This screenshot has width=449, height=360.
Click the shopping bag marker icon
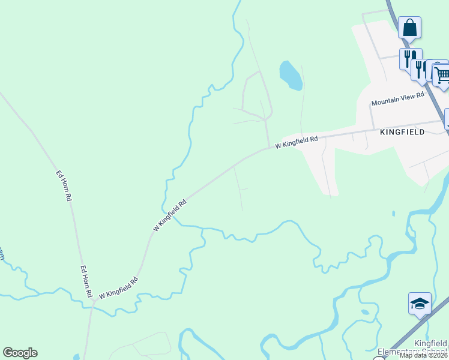click(409, 28)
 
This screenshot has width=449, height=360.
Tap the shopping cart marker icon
click(442, 76)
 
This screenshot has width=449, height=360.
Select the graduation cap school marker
click(420, 304)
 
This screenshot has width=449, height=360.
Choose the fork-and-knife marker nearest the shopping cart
click(421, 70)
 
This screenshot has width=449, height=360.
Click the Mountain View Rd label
click(397, 99)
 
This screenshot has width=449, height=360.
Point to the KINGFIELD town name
click(402, 132)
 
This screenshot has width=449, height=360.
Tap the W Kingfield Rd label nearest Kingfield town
click(297, 142)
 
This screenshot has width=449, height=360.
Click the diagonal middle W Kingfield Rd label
click(170, 215)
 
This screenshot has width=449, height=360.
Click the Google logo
click(20, 353)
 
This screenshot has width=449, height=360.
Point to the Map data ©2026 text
click(423, 355)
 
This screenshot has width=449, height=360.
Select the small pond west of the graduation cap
click(366, 312)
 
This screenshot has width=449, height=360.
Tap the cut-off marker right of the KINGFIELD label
click(447, 119)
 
